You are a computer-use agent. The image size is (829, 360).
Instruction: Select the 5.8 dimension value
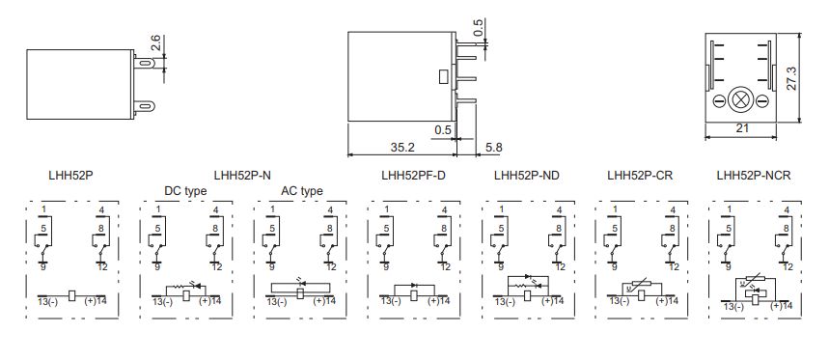[492, 147]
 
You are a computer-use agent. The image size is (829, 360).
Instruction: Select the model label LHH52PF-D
[413, 176]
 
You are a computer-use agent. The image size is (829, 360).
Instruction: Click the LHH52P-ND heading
[526, 176]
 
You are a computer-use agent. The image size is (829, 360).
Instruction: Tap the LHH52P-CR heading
[640, 176]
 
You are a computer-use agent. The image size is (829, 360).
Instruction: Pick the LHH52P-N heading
[242, 176]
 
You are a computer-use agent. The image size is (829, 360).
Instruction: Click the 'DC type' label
[185, 191]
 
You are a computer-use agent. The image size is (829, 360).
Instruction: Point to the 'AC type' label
[301, 191]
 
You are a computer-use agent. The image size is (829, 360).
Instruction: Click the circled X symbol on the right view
[741, 100]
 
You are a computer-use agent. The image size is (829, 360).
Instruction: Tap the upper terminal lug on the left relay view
[149, 64]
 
